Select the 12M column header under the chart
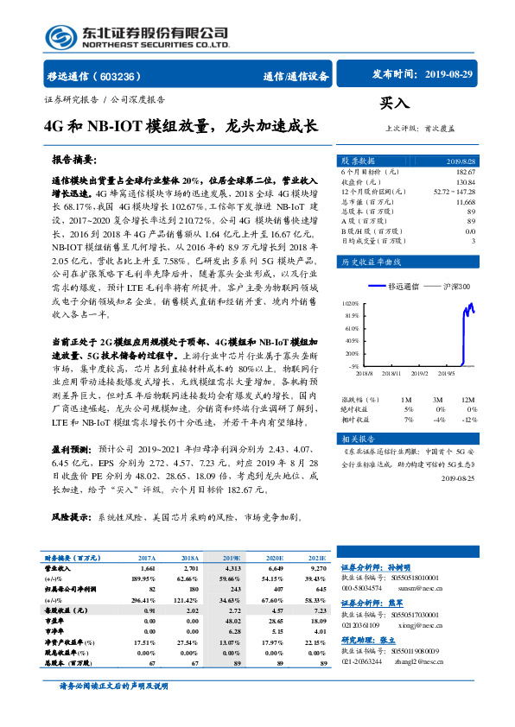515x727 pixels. point(467,400)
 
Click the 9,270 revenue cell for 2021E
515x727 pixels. point(318,570)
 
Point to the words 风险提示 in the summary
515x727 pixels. point(73,518)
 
